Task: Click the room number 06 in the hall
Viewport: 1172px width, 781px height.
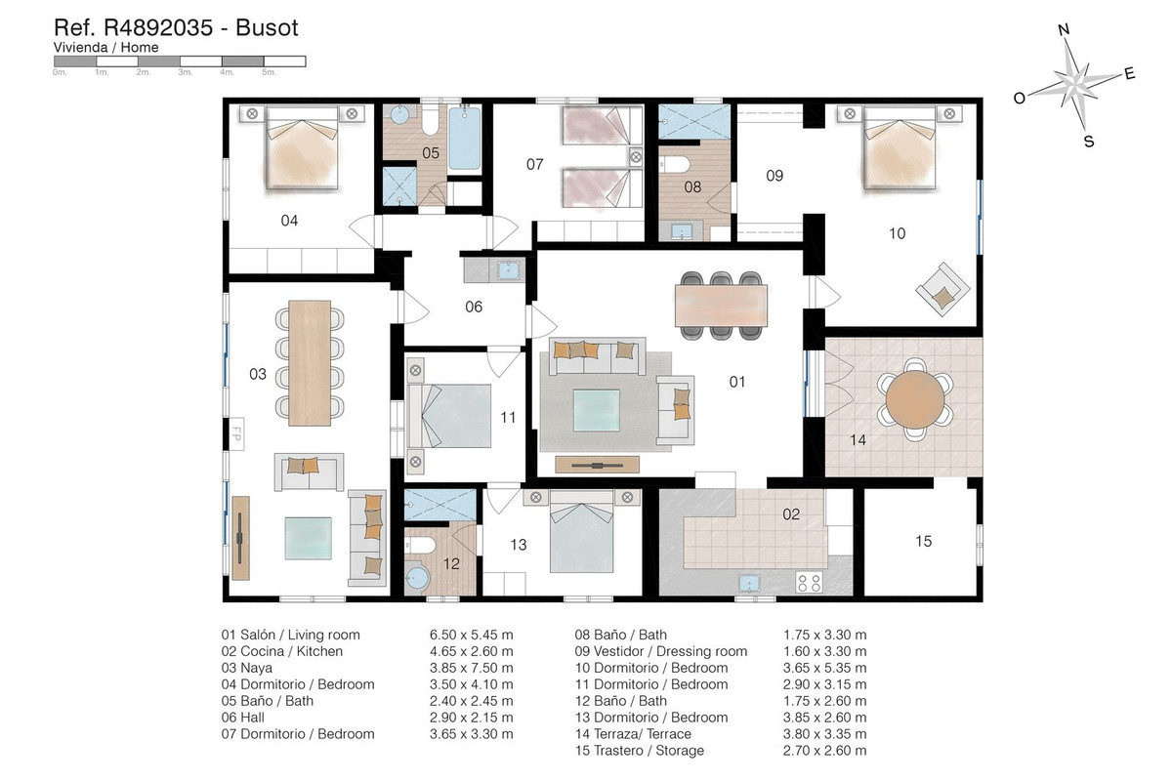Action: pyautogui.click(x=474, y=307)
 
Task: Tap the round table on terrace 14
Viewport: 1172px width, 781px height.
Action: pyautogui.click(x=914, y=399)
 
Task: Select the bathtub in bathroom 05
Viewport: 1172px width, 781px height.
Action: pyautogui.click(x=464, y=138)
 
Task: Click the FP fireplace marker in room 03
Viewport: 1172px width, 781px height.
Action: pyautogui.click(x=236, y=433)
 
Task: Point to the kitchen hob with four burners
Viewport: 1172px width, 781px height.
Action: pyautogui.click(x=809, y=582)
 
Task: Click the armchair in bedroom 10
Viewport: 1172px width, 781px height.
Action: pyautogui.click(x=942, y=289)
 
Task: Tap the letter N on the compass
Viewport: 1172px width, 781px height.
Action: pyautogui.click(x=1064, y=30)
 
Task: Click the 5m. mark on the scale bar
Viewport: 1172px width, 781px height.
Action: pyautogui.click(x=269, y=72)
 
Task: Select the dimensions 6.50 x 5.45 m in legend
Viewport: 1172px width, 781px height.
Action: pyautogui.click(x=471, y=635)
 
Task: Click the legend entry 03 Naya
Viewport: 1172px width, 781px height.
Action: pyautogui.click(x=246, y=668)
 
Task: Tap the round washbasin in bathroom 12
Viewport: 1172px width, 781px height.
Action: pyautogui.click(x=417, y=578)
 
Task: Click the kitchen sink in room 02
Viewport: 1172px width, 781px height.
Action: pyautogui.click(x=749, y=582)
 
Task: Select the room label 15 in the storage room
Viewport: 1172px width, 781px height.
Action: pyautogui.click(x=924, y=541)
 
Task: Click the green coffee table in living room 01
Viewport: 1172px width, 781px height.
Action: pyautogui.click(x=597, y=410)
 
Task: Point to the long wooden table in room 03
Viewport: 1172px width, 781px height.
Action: pyautogui.click(x=310, y=362)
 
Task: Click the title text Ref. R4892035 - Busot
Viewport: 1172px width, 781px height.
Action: pyautogui.click(x=176, y=27)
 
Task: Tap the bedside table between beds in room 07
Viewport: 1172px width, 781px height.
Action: pyautogui.click(x=636, y=156)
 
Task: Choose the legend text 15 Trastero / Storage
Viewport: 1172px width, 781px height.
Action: pyautogui.click(x=640, y=751)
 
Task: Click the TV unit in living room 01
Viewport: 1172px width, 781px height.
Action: pyautogui.click(x=597, y=465)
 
